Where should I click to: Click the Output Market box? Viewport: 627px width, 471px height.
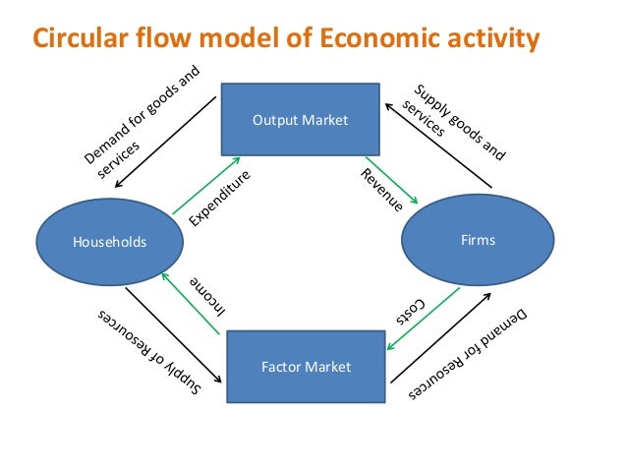click(301, 121)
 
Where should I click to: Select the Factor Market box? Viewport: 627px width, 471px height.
click(306, 367)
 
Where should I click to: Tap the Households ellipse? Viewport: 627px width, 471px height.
click(108, 242)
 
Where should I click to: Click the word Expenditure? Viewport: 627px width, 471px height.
click(220, 198)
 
